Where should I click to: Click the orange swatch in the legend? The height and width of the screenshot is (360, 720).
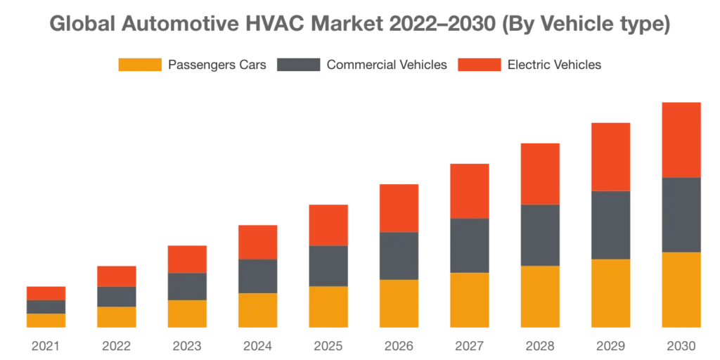[x=139, y=65]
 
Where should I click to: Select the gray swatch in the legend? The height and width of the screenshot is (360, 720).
[x=300, y=65]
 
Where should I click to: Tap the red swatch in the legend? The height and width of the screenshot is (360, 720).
[x=480, y=65]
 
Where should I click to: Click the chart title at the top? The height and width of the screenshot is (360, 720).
[x=360, y=24]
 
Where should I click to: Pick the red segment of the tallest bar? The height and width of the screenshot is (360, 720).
[x=681, y=139]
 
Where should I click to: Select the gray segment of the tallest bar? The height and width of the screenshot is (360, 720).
[x=681, y=214]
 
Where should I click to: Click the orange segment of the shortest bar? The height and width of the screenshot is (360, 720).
[x=45, y=321]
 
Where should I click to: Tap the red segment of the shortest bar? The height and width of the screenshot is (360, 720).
[x=45, y=292]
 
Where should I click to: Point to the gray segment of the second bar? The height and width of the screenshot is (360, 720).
[x=117, y=297]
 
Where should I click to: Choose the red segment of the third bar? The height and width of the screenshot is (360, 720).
[x=186, y=258]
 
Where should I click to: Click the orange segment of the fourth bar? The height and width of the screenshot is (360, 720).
[x=258, y=311]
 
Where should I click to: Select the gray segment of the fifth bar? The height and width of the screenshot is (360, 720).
[x=326, y=266]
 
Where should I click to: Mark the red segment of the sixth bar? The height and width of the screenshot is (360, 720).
[x=399, y=207]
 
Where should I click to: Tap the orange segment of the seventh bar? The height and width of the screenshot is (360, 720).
[x=469, y=301]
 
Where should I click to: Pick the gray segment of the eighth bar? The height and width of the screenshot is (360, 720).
[x=540, y=236]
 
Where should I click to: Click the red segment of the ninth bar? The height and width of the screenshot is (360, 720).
[x=612, y=155]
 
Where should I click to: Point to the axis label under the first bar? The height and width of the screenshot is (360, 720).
[x=45, y=345]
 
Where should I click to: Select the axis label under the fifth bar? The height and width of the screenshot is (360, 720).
[x=326, y=345]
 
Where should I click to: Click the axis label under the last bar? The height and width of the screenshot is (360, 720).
[x=681, y=345]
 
